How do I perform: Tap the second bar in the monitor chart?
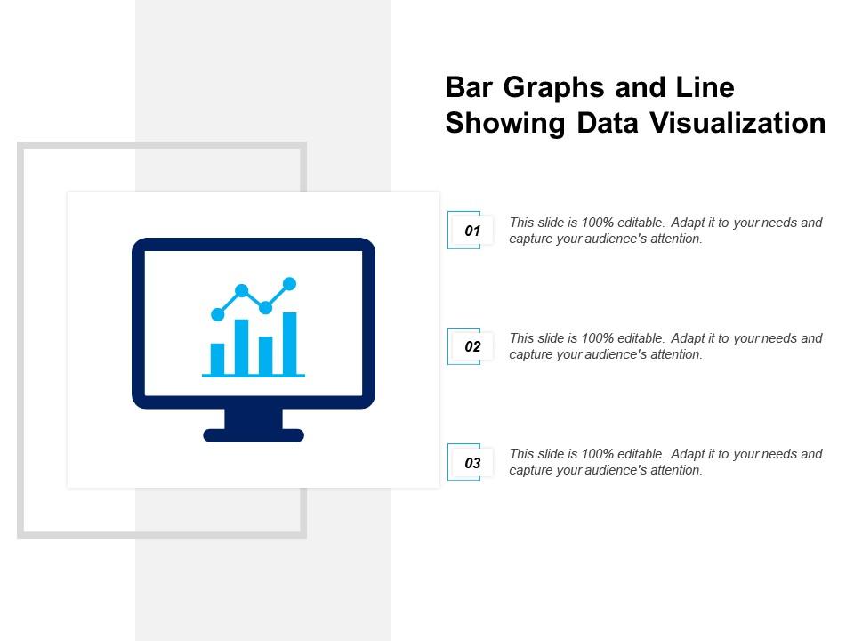pyautogui.click(x=241, y=346)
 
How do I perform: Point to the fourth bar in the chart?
pyautogui.click(x=289, y=343)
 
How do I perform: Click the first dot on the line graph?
pyautogui.click(x=217, y=314)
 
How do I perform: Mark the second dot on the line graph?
pyautogui.click(x=241, y=290)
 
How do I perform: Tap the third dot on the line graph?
pyautogui.click(x=265, y=307)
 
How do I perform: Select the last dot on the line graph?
pyautogui.click(x=289, y=284)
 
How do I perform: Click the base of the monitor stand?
pyautogui.click(x=254, y=435)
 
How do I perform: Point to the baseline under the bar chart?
pyautogui.click(x=254, y=376)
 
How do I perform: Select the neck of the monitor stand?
pyautogui.click(x=254, y=418)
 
